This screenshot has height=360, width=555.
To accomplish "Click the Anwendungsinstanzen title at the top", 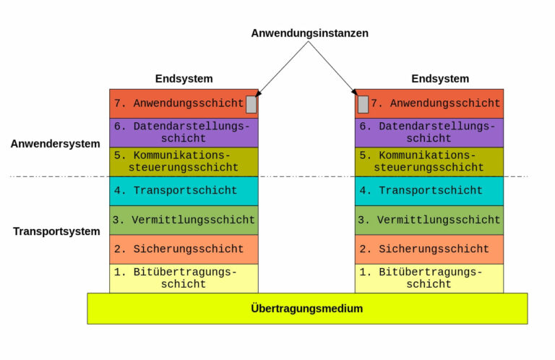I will tap(309, 33).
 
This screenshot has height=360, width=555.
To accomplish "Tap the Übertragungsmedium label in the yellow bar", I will tap(307, 309).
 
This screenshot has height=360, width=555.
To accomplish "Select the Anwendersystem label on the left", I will tap(55, 143).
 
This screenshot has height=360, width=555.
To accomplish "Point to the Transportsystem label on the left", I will tap(56, 231).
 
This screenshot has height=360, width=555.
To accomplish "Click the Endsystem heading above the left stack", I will tap(184, 79).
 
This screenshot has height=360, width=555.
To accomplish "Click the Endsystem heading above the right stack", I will tap(440, 79).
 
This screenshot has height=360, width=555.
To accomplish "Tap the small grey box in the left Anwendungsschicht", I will tap(251, 104).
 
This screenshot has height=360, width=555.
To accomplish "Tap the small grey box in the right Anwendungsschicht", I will tap(363, 104).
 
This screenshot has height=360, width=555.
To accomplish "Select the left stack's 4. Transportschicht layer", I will tap(184, 191).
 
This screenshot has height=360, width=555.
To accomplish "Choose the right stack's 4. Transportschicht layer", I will tap(429, 191).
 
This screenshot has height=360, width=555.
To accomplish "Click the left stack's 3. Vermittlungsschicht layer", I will tap(184, 220).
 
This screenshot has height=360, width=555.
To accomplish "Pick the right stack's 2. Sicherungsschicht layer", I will tap(429, 249).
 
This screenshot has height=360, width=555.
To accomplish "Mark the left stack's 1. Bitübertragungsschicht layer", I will tap(184, 278).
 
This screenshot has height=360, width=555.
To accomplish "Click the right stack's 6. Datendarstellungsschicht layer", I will tap(429, 132).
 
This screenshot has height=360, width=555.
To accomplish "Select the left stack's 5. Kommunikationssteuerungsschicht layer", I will tap(184, 162).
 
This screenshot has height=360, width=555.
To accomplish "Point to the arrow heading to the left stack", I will tap(282, 69).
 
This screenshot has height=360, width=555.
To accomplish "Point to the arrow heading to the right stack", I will tap(334, 69).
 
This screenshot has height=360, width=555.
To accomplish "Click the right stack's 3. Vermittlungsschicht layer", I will tap(429, 220).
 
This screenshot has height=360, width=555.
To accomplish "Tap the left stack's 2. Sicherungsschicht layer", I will tap(184, 249).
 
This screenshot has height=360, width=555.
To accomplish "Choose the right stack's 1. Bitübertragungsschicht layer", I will tap(429, 278).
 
